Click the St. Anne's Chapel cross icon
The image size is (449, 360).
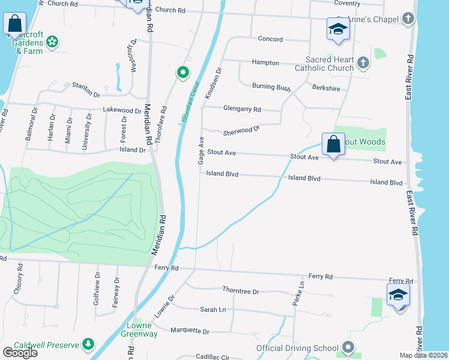coord(408,19)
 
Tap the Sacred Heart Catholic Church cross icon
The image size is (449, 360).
coord(363,62)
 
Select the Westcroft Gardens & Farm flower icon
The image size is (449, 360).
coord(52,41)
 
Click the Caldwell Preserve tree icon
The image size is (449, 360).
coord(88,343)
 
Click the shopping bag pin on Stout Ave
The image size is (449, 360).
coord(333,145)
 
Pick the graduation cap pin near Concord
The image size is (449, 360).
coord(338,28)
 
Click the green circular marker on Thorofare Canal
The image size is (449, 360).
coord(182,73)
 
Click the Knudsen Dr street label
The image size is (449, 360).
coord(213,83)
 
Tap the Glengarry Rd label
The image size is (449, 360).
coord(242,109)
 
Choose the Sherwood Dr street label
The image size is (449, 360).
coord(241,130)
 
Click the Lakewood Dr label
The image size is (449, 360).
coord(122,110)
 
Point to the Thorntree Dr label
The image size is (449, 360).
coord(240,291)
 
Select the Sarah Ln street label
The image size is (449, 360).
coord(213,310)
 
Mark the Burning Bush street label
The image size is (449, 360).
coord(271,87)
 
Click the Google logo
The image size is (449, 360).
coord(20,353)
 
